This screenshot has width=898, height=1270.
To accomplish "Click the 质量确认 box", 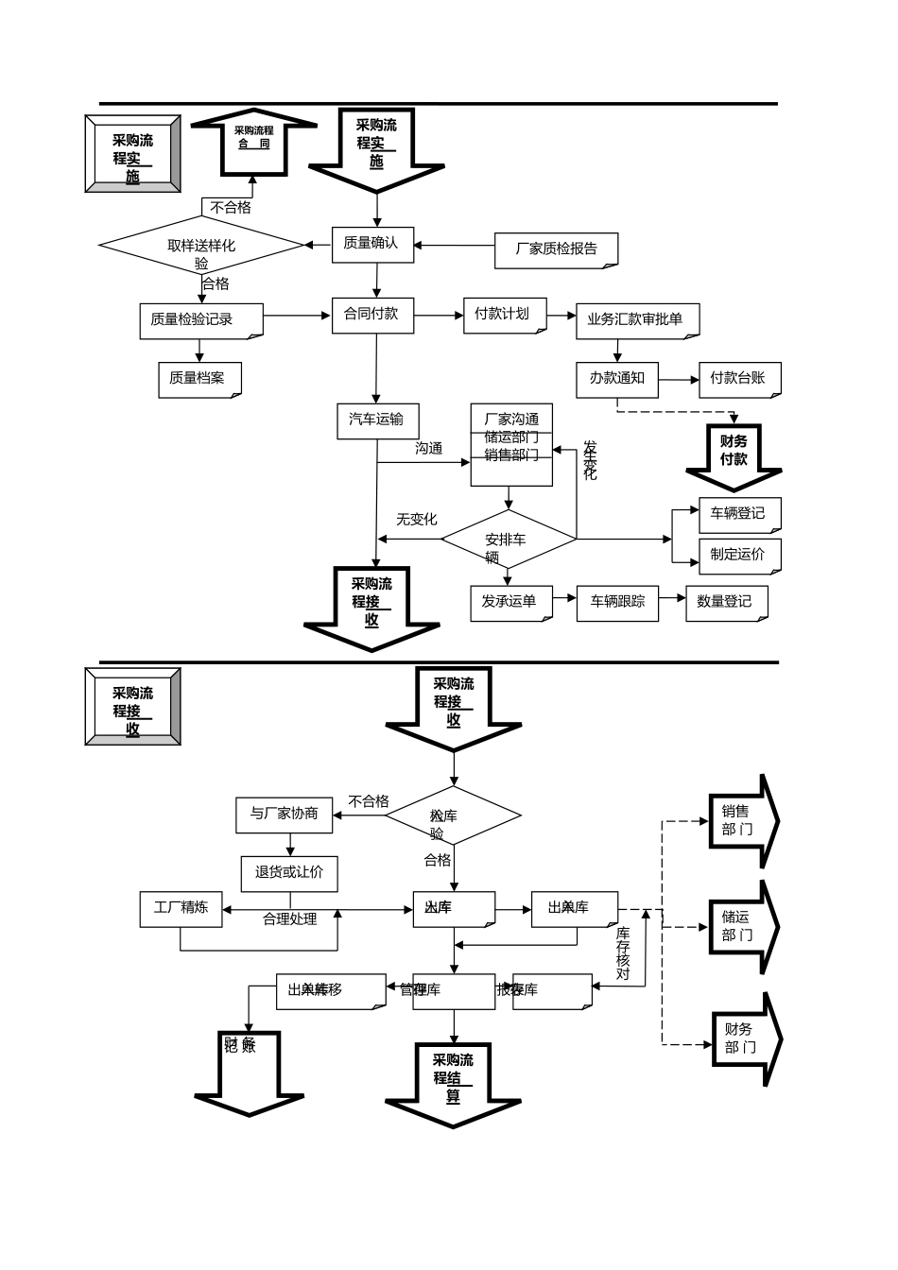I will tap(371, 244).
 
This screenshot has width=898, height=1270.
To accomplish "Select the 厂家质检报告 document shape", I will tap(557, 249).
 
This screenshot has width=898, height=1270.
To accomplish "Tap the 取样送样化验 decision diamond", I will tap(201, 246).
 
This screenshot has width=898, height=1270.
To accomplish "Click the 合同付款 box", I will tap(371, 314).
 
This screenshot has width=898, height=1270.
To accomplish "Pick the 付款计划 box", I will tap(504, 315).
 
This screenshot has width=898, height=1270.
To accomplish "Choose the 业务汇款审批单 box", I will tap(637, 320).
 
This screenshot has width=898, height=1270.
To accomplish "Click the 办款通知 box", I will tap(617, 379).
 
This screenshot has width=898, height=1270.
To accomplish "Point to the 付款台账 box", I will tap(739, 379).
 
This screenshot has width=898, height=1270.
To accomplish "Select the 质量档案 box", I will tap(199, 379).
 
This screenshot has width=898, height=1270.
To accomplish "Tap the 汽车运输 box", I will tap(376, 420).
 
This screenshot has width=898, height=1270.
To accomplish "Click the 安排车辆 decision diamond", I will tap(508, 541).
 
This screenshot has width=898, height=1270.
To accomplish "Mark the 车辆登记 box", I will tap(739, 514).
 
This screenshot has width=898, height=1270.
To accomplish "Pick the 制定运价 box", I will tap(739, 555).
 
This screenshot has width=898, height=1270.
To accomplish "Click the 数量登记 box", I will tap(725, 602).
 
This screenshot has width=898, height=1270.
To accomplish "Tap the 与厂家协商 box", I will tap(285, 815).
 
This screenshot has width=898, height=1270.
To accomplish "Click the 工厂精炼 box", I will tap(181, 908).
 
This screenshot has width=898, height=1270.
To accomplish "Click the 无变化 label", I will tap(417, 520).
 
